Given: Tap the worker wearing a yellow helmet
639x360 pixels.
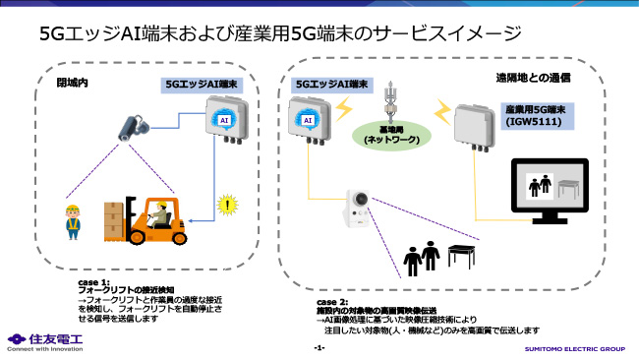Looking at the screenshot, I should click(x=71, y=223).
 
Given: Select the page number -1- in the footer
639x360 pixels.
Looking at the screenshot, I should click(x=319, y=349).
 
